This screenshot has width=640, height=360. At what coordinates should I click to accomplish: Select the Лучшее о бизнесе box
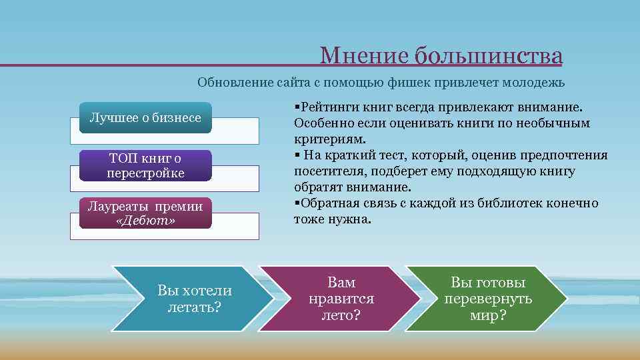(145, 118)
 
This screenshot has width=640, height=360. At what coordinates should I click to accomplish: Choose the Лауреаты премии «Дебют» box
(145, 213)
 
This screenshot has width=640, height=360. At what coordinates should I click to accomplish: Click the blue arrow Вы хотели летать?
(193, 299)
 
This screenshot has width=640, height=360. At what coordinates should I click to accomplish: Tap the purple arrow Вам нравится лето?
(341, 299)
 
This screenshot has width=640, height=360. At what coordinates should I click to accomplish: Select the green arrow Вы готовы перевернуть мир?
(487, 299)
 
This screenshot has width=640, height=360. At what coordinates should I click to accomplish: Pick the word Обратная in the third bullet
(323, 203)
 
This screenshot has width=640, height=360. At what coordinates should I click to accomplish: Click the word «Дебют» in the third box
(145, 221)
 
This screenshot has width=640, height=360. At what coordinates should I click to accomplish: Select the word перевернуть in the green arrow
(487, 299)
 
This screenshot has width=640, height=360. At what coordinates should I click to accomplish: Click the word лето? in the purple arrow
(341, 315)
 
